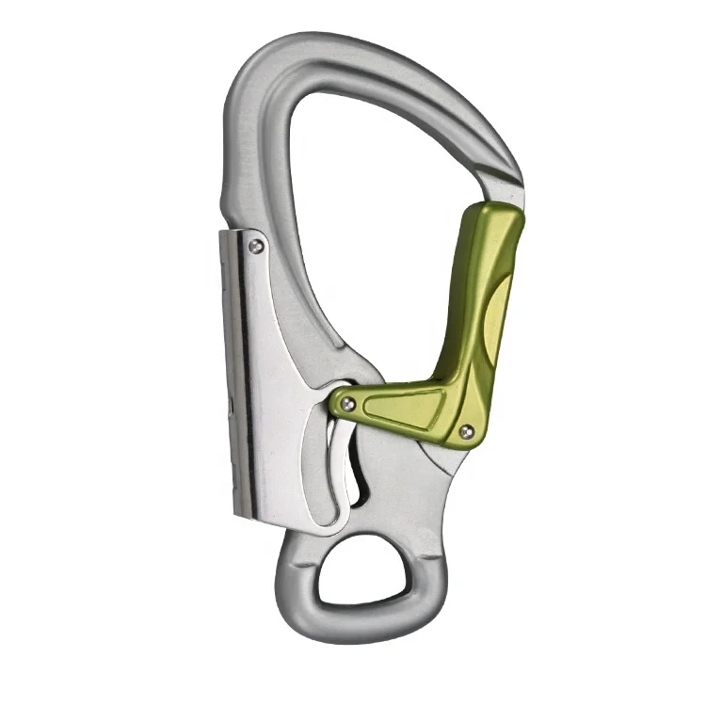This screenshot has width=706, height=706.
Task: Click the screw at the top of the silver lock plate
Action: point(256,247)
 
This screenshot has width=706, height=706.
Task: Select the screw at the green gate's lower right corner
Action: point(465,431)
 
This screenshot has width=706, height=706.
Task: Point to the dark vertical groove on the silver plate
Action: point(248,377)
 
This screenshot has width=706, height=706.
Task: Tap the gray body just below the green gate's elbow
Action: point(428,480)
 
